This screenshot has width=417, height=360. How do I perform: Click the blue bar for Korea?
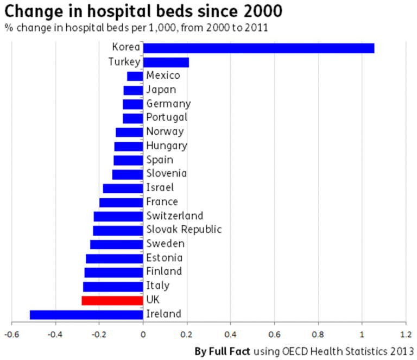click(258, 48)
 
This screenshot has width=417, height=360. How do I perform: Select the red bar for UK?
click(112, 300)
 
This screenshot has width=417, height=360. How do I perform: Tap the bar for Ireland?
click(86, 314)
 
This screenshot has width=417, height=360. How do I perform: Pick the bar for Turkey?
click(166, 62)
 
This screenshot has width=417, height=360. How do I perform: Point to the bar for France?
click(121, 203)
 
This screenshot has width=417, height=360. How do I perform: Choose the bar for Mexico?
click(135, 76)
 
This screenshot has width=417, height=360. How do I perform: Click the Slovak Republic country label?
click(184, 230)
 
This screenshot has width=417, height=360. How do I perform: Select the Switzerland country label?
click(175, 216)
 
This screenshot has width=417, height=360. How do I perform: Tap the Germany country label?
click(168, 104)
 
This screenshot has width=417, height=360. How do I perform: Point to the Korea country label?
click(125, 48)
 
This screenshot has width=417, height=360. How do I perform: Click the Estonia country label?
click(165, 258)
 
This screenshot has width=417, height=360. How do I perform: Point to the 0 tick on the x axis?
click(143, 334)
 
